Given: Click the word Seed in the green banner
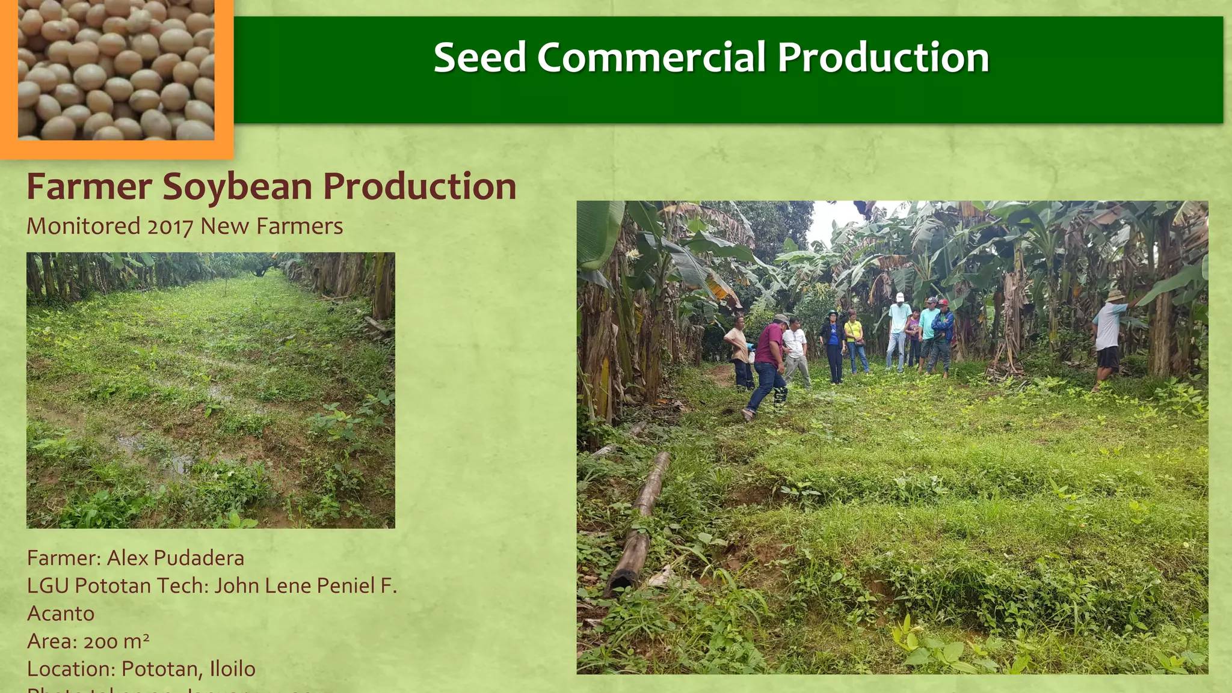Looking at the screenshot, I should [x=479, y=58].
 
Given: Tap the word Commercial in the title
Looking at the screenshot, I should [x=650, y=58].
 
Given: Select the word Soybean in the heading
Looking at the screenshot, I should [x=238, y=186].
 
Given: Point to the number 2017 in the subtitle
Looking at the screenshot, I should [x=170, y=227].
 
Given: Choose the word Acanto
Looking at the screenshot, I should [x=61, y=614].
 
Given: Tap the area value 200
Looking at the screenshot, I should [x=100, y=642].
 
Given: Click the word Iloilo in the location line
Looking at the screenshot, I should [x=232, y=669].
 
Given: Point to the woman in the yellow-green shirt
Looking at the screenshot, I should [x=854, y=343].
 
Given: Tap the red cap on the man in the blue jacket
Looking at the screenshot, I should [x=943, y=302].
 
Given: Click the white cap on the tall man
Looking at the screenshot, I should [x=900, y=297].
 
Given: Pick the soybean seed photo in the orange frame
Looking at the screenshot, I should [x=115, y=70].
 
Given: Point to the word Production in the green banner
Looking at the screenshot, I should [x=882, y=58].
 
